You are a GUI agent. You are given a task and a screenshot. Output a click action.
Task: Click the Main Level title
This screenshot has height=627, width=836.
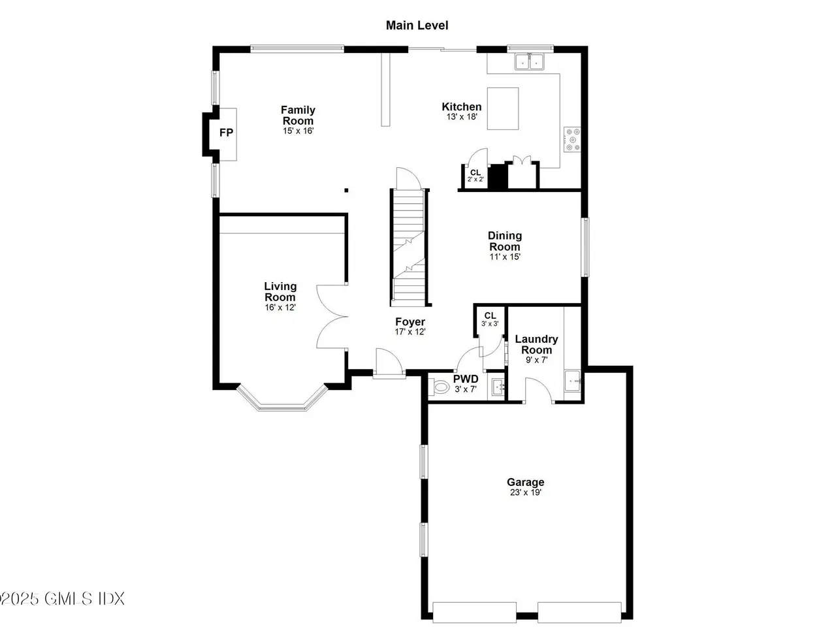tap(417, 25)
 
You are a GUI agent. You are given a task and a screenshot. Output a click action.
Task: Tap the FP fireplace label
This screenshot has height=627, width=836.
tap(226, 133)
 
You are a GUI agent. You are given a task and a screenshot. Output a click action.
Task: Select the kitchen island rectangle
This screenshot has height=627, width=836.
tap(503, 108)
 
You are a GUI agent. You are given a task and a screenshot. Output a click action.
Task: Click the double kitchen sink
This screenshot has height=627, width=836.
tap(530, 61)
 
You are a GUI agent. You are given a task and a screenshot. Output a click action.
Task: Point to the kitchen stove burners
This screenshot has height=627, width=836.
tap(572, 139)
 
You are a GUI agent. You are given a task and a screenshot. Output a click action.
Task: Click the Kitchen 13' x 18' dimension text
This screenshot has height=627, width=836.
tap(462, 117)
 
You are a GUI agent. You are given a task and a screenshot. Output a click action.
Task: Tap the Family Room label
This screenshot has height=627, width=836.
tap(298, 116)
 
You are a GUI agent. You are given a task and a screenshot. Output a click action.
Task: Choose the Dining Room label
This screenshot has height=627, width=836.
tap(505, 241)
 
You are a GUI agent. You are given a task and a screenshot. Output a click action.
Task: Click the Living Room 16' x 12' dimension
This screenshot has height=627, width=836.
tap(280, 307)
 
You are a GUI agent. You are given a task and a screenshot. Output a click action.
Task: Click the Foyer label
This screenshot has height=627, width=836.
tap(410, 322)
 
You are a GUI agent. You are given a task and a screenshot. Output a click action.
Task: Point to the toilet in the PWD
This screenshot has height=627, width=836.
tap(439, 387)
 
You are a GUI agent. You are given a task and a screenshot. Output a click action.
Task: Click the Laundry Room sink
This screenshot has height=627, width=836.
tap(572, 381)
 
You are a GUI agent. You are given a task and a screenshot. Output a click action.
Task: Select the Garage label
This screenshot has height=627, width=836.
tap(525, 482)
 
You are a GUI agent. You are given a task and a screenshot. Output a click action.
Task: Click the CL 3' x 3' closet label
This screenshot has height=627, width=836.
tap(490, 319)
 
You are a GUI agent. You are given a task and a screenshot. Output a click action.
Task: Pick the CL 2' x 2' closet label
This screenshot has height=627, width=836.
tap(475, 176)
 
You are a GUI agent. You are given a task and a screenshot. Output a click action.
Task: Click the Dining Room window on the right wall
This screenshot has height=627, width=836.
tap(586, 247)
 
